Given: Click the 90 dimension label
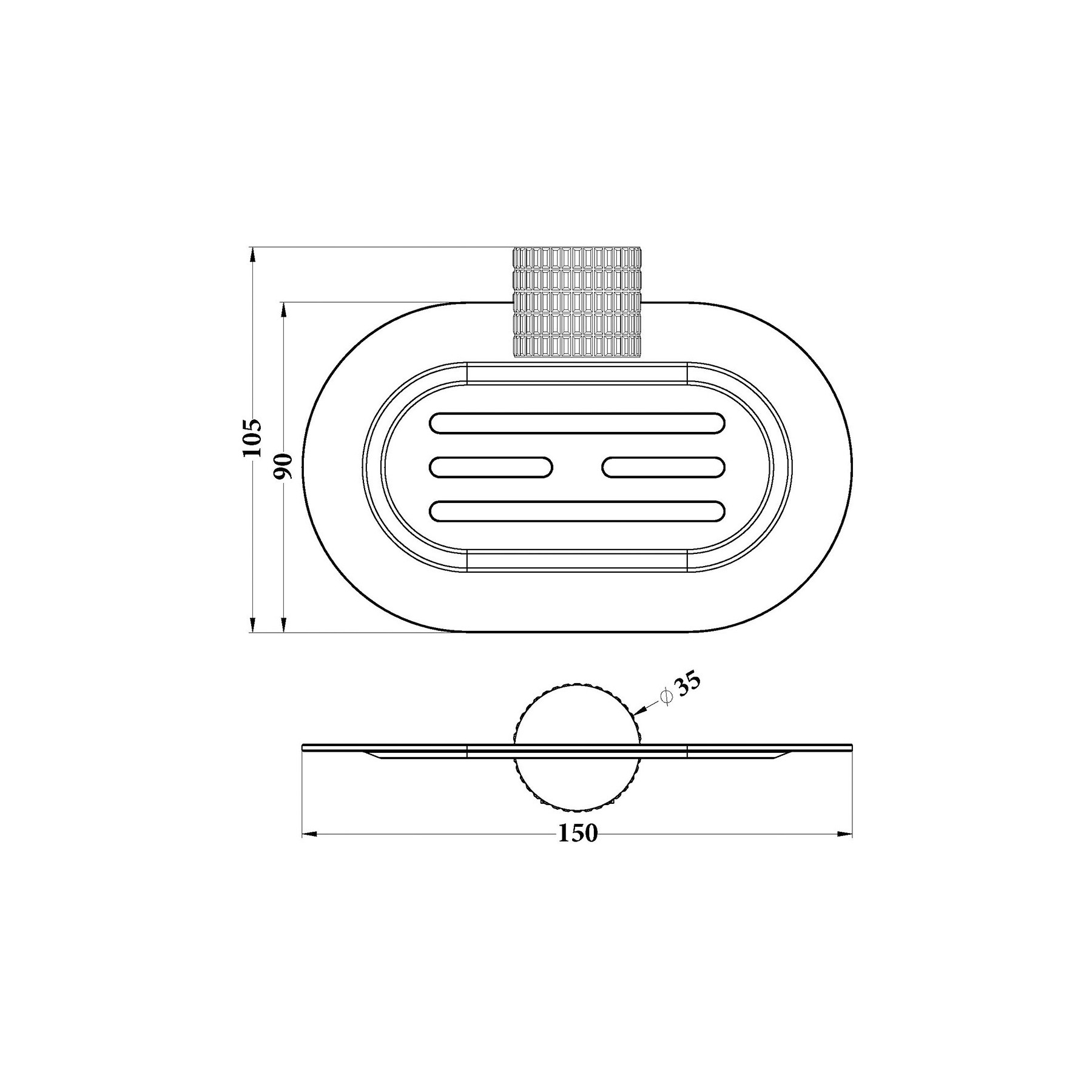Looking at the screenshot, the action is pyautogui.click(x=283, y=466).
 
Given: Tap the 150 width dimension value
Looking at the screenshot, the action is pyautogui.click(x=578, y=834).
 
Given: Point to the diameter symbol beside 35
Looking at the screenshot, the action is pyautogui.click(x=666, y=696).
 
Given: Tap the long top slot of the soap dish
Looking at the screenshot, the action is pyautogui.click(x=577, y=423).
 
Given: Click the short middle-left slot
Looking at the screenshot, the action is pyautogui.click(x=491, y=467).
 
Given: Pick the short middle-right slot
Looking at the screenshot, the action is pyautogui.click(x=664, y=467).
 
